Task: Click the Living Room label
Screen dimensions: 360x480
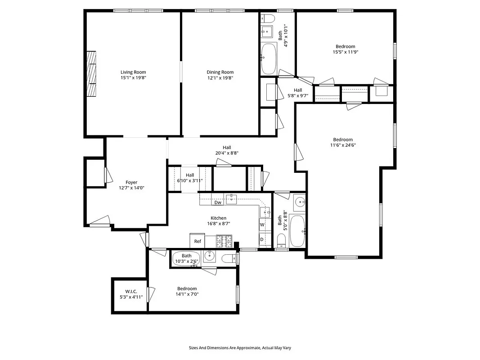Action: [133, 72]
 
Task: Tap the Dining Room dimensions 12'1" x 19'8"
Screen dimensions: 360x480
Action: [220, 78]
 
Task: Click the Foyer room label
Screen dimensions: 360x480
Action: [131, 182]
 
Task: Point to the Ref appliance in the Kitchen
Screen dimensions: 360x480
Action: [197, 241]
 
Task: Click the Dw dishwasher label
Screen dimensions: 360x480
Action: [218, 202]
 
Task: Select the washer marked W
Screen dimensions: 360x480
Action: [262, 224]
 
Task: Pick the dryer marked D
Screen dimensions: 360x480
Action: [262, 239]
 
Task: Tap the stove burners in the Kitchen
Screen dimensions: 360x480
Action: [224, 241]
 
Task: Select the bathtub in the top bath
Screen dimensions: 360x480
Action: [269, 58]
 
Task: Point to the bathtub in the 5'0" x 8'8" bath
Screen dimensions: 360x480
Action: [297, 231]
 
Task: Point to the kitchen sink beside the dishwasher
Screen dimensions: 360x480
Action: [232, 199]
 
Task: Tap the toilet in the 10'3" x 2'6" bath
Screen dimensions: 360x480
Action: [229, 258]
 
